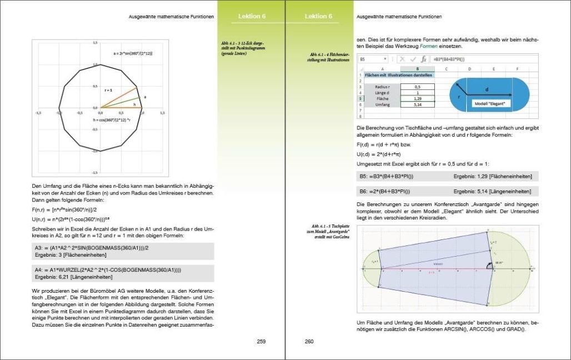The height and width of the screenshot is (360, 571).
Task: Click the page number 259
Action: (261, 341)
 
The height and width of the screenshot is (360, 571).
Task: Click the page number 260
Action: (309, 341)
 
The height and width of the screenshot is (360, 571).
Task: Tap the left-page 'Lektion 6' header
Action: (252, 17)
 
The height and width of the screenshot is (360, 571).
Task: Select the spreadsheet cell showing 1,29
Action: (417, 98)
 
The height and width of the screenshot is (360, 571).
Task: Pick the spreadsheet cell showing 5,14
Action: (417, 104)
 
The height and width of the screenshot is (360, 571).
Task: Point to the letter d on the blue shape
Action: (487, 89)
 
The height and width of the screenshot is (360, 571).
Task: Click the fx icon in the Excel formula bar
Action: (423, 59)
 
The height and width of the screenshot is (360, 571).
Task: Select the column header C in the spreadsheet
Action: (446, 68)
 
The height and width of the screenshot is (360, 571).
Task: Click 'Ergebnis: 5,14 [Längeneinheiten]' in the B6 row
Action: (493, 191)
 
